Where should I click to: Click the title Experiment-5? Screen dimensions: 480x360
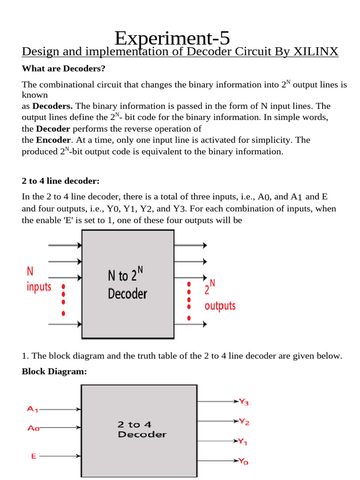point(172,37)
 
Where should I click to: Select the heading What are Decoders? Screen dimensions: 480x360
point(64,69)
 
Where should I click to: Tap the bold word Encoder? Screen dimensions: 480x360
point(54,140)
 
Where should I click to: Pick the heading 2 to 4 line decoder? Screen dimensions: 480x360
point(61,181)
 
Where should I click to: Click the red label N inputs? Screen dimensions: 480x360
point(38,279)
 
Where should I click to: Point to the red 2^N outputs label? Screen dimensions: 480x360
point(219,296)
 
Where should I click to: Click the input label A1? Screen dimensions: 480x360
point(32,409)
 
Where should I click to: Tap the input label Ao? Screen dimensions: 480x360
point(33,428)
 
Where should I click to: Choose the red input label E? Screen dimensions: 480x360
point(34,455)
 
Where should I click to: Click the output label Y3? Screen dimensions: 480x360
point(244,402)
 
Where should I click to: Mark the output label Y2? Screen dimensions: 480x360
point(244,422)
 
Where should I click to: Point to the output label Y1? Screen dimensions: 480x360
point(243,441)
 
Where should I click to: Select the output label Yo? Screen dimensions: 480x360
point(243,461)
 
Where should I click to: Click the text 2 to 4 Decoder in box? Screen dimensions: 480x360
point(142,429)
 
